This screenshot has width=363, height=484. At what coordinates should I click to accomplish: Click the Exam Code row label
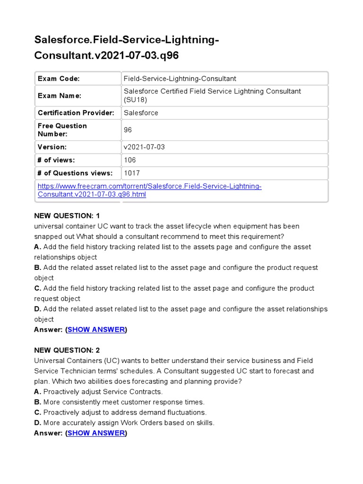pos(59,78)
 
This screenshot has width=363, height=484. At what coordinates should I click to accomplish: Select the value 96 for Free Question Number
pos(128,130)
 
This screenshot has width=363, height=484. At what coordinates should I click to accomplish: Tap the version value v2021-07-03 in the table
pos(144,147)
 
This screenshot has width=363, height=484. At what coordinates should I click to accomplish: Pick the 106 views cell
pos(130,160)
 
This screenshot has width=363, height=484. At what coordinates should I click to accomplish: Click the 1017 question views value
pos(132,173)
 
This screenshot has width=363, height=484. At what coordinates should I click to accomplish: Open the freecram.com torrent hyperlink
pos(149,190)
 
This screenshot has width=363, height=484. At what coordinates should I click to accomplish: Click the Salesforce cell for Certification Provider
pos(141,113)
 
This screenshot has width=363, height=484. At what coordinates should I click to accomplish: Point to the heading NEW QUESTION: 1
pos(67,216)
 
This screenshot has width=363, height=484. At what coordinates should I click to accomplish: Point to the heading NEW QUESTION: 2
pos(67,350)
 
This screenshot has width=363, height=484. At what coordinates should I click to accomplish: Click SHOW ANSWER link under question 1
pos(96,329)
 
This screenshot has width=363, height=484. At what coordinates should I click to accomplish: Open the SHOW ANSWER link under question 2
pos(96,433)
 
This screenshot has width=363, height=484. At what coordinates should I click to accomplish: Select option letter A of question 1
pos(37,247)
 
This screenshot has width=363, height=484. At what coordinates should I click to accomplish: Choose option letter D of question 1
pos(37,309)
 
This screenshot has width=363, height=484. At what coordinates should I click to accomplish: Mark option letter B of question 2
pos(37,402)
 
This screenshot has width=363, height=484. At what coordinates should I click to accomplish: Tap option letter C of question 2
pos(37,413)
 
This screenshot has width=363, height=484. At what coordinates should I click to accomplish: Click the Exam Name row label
pos(60,95)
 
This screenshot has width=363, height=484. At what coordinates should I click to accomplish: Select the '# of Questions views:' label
pos(75,173)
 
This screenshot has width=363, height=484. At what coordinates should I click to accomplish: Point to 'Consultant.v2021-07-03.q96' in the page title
pos(106,55)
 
